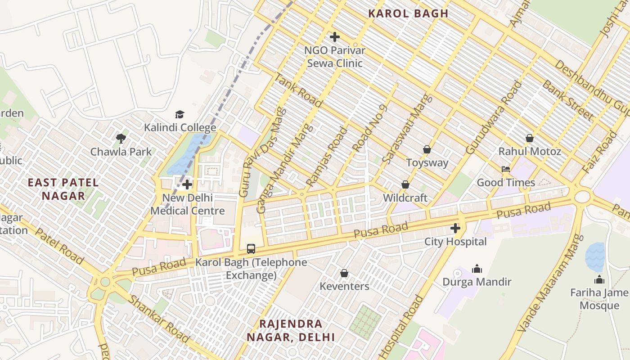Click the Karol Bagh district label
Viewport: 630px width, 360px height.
[x=408, y=13]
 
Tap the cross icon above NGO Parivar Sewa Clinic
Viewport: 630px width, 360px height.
[x=334, y=37]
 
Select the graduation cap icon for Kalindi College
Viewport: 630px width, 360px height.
[x=180, y=114]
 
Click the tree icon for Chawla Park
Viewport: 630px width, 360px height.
[x=121, y=138]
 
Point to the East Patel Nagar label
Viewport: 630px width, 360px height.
[x=63, y=189]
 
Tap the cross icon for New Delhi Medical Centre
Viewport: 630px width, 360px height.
[x=187, y=184]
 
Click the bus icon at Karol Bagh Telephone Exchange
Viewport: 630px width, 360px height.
[x=251, y=248]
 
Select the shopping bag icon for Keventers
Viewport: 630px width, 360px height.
[x=344, y=273]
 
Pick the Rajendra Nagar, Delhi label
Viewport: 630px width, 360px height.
[x=291, y=330]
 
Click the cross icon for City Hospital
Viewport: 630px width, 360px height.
[x=455, y=228]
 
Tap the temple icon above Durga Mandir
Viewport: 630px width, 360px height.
[x=477, y=269]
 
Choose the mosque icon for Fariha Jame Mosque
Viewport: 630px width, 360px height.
[x=599, y=279]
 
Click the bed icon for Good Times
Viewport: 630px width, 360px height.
[x=506, y=170]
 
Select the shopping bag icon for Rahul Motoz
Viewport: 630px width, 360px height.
[x=529, y=138]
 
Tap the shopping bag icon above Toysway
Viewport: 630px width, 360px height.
[x=427, y=149]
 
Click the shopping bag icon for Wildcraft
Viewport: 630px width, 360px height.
[x=405, y=184]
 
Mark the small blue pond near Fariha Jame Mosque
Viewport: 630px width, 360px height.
[x=595, y=257]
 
